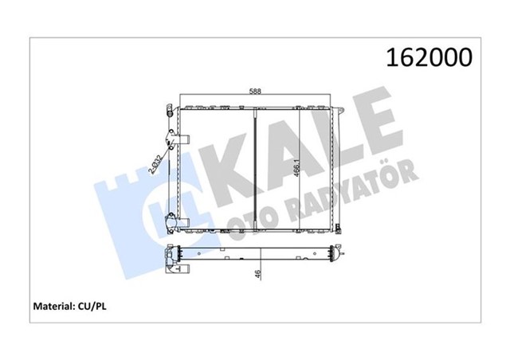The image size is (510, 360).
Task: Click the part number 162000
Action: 429,57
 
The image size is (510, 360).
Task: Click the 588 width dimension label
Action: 255,92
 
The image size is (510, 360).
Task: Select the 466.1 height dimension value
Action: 296,169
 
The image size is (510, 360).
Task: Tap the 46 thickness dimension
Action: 258,274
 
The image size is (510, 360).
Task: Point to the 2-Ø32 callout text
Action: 155,165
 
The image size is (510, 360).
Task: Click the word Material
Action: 54,307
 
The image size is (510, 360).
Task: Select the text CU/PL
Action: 92,307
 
